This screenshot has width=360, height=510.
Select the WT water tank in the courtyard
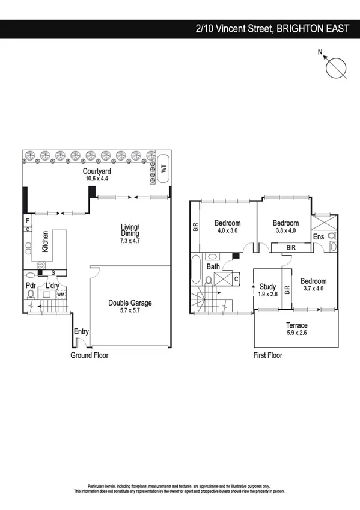click(162, 169)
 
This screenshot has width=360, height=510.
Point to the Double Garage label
click(130, 303)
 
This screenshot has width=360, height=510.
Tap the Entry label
click(81, 331)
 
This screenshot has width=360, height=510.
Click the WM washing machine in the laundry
click(60, 295)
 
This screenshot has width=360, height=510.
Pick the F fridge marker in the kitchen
click(28, 220)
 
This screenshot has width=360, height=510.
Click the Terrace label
click(296, 325)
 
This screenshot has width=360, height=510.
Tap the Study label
click(267, 287)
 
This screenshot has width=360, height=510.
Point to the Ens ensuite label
click(319, 237)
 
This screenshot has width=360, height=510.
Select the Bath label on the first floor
click(213, 266)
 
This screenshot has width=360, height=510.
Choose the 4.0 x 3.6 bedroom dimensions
click(227, 230)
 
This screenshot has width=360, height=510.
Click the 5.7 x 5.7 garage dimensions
click(130, 311)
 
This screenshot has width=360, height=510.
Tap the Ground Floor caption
click(90, 355)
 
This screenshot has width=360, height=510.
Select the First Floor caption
click(267, 355)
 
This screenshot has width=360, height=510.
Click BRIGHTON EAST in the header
click(313, 28)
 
